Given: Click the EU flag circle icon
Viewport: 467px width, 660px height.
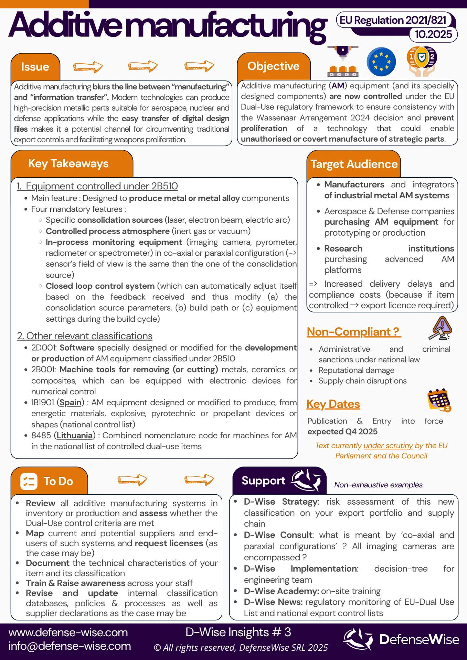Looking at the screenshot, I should (381, 62).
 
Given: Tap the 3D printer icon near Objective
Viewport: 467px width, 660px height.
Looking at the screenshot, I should (342, 62).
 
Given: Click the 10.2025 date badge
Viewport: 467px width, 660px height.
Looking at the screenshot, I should (433, 34).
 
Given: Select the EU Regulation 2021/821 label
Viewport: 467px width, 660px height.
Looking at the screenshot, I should (393, 20).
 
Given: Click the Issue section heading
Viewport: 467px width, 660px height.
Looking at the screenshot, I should (35, 67).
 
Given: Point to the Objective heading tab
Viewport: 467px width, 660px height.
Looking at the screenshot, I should (273, 66).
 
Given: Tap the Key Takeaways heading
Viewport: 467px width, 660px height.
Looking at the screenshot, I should (68, 164).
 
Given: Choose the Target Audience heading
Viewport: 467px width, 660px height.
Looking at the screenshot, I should (354, 164).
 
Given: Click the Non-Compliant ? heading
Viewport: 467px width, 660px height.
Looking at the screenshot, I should (353, 332).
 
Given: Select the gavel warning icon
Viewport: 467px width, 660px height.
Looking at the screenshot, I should (441, 328).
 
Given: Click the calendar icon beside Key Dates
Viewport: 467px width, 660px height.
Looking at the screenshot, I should (439, 400).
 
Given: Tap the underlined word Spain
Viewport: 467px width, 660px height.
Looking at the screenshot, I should (71, 403).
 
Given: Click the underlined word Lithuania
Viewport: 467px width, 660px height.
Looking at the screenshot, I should (74, 436).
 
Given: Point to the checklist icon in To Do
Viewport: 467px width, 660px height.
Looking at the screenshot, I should (29, 481).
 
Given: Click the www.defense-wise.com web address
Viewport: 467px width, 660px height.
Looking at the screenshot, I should (68, 632).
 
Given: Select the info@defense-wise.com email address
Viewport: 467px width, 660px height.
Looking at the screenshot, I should (70, 646).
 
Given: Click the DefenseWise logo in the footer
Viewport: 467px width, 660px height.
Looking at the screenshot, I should (401, 639).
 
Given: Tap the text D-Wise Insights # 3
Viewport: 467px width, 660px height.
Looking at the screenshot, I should (238, 632).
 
